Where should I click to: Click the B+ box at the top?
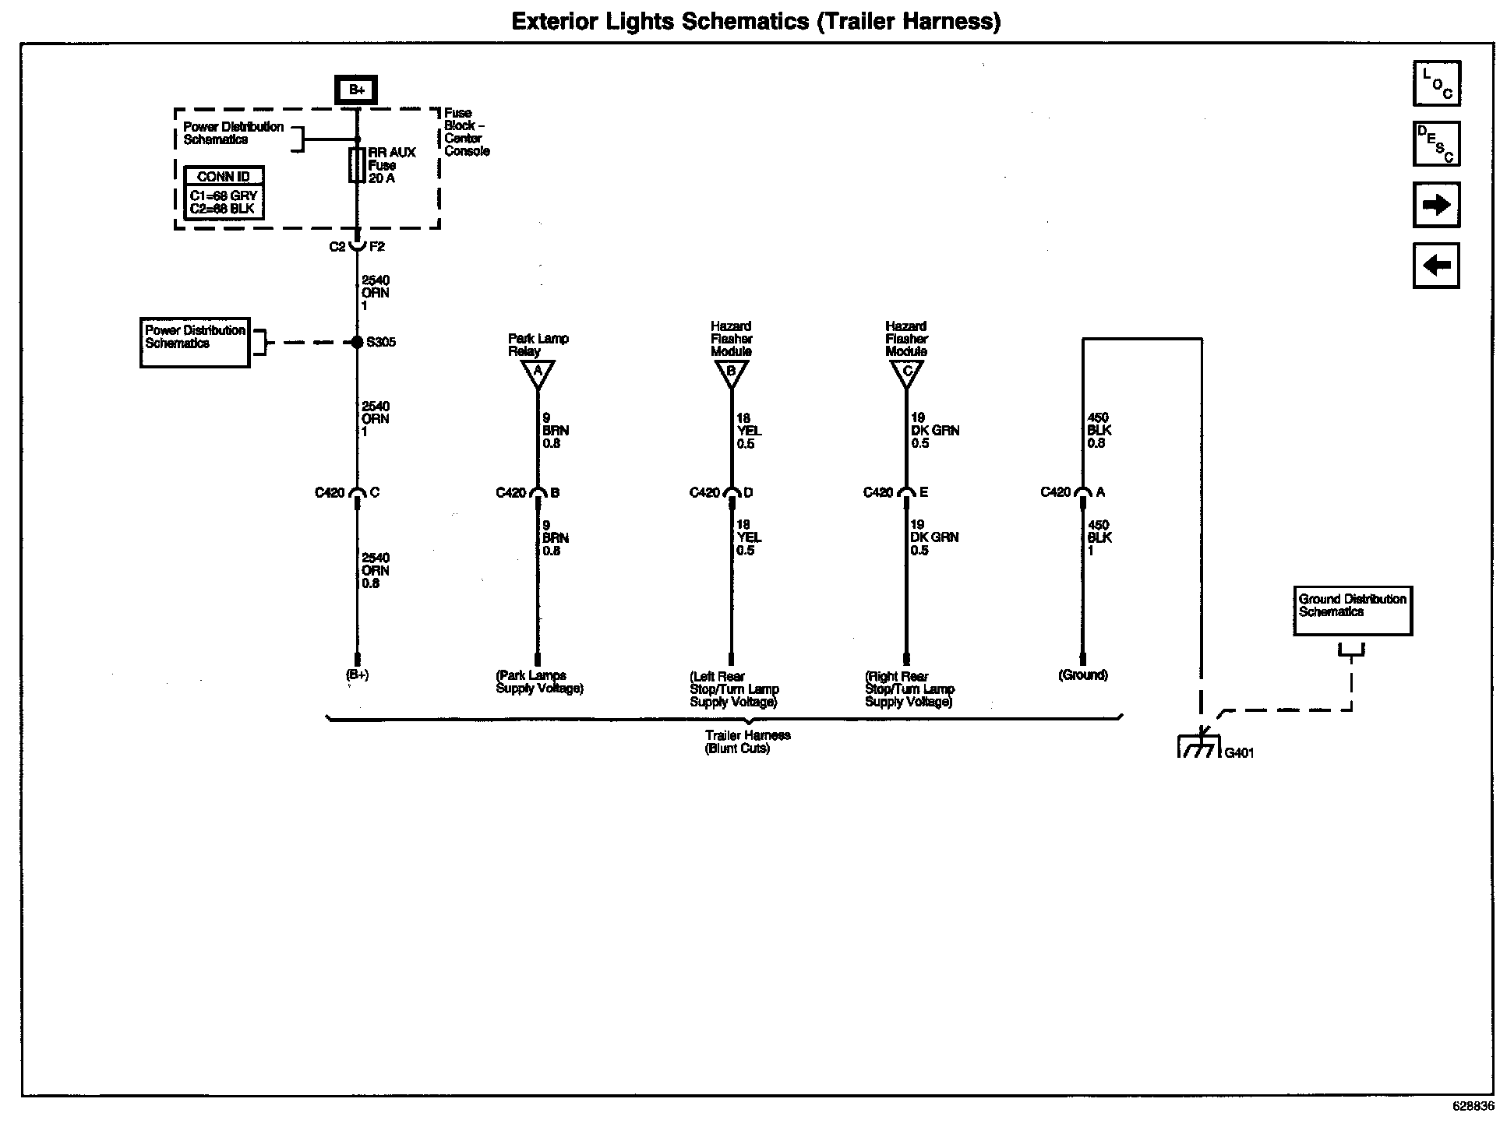(356, 90)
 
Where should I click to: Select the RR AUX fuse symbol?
(357, 165)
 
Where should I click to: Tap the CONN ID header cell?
(224, 176)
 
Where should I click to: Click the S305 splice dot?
(357, 342)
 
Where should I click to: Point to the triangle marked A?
(537, 374)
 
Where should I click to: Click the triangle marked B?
(731, 374)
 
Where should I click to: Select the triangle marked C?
(906, 374)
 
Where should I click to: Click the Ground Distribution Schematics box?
(1353, 611)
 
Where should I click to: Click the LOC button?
(1436, 83)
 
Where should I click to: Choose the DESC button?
(1436, 144)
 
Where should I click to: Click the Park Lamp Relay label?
(538, 345)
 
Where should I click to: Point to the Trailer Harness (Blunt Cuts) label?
(737, 741)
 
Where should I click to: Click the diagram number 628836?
(1473, 1106)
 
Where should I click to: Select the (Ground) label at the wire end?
(1082, 675)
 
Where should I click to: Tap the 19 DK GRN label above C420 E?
(935, 431)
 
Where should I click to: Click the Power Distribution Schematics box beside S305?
(195, 342)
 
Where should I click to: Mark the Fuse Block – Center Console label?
(467, 132)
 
